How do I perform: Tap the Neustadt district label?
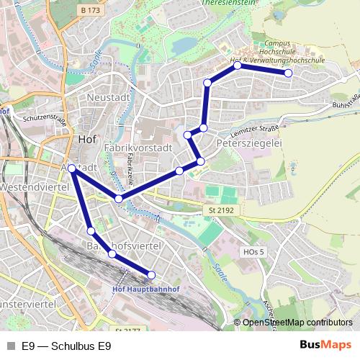tap(107, 97)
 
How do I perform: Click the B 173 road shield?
tap(90, 10)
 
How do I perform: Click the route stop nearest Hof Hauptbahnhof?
tap(151, 274)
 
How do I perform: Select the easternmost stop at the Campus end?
tap(288, 73)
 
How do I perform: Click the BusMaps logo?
tap(325, 345)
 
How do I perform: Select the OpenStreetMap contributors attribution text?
tap(297, 322)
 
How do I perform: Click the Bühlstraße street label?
tap(345, 99)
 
